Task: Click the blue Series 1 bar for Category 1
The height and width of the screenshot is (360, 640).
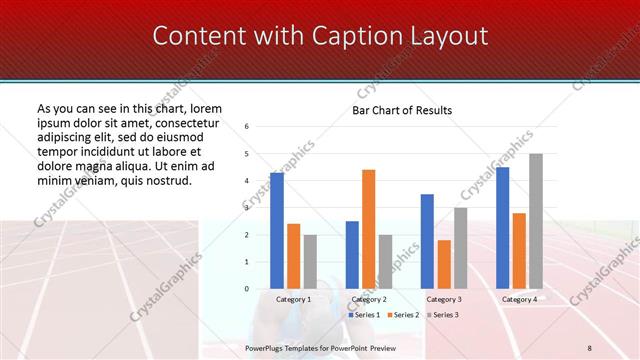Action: click(276, 231)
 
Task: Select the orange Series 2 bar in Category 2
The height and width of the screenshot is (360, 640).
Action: click(368, 229)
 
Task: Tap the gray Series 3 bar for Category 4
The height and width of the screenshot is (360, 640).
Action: click(536, 221)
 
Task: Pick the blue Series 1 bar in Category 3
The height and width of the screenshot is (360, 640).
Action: click(427, 241)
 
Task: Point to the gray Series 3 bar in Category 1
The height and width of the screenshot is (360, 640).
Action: click(310, 262)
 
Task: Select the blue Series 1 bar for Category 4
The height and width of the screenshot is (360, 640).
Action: click(502, 228)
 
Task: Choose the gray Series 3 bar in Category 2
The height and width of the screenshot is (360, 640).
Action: click(385, 262)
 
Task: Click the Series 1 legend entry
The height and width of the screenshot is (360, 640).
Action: click(364, 314)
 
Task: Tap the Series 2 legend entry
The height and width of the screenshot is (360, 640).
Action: click(403, 314)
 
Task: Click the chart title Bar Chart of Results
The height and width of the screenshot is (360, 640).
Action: click(402, 110)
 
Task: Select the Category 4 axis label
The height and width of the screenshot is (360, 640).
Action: click(519, 299)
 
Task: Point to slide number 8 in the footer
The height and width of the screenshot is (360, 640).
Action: click(589, 347)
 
